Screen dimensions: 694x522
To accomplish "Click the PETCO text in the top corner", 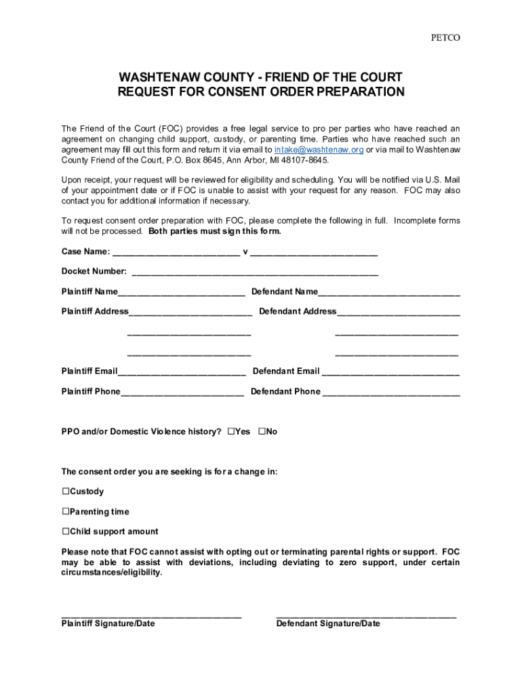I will (445, 38).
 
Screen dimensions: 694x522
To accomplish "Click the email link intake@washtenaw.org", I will (319, 150).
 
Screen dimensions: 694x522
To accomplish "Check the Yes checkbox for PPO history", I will (231, 431).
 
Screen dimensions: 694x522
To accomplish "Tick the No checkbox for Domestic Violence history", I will (262, 431).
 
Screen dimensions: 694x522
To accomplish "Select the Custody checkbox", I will (66, 491).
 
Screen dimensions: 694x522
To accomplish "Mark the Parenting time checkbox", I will (66, 512).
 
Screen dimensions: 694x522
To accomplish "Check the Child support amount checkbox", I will (66, 531).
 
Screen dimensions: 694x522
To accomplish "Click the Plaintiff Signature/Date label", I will (108, 624).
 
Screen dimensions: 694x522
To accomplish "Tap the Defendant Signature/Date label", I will (328, 624).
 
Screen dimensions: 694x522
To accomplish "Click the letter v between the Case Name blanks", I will (245, 252).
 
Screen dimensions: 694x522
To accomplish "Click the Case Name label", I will (85, 252).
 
